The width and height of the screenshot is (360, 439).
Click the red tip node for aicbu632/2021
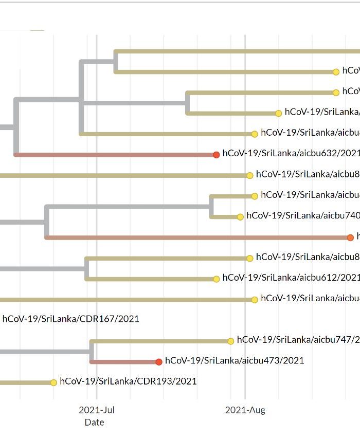pos(217,155)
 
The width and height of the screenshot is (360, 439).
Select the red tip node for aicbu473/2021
pos(159,362)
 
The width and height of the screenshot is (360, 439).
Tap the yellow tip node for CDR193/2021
pos(53,382)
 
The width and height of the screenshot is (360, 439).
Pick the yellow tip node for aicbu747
pos(231,341)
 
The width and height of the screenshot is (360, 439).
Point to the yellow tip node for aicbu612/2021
pos(217,279)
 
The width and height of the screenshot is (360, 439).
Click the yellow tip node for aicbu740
pos(240,217)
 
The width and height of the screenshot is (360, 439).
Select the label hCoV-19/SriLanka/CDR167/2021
pos(70,319)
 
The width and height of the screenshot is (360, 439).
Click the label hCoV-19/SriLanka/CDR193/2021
pos(128,381)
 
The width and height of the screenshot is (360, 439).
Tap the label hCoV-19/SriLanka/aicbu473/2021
pos(235,360)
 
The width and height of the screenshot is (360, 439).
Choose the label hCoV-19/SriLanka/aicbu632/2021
pos(291,153)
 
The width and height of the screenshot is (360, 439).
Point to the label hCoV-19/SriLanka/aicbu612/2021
pos(291,278)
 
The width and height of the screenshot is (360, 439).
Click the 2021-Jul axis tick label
pos(97,410)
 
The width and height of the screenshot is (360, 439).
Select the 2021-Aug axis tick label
pos(245,410)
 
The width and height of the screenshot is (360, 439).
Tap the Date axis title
pos(94,423)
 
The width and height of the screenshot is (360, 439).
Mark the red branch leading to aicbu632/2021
pos(113,155)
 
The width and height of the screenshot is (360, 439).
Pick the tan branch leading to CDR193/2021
pos(26,382)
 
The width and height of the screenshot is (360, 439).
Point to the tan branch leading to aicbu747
pos(159,341)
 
